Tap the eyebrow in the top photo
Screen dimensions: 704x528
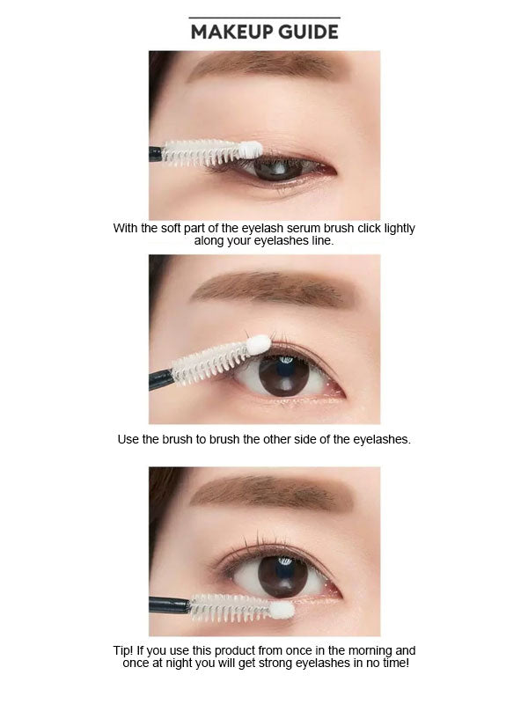264,67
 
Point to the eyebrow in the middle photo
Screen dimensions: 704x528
273,290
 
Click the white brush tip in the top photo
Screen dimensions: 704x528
252,150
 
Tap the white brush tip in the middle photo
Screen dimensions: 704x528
258,344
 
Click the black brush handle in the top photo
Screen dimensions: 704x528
155,153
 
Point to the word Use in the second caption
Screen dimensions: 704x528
128,438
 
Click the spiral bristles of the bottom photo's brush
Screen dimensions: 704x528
229,605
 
